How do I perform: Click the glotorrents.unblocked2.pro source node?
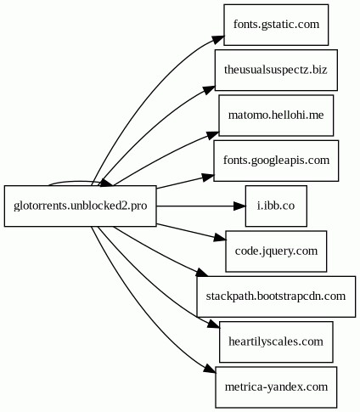coord(80,206)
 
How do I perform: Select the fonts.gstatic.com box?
coord(276,25)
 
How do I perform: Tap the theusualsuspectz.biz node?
coord(276,70)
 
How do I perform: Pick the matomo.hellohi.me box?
coord(276,116)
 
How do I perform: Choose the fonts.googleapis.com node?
coord(276,161)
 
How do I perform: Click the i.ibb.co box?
coord(276,206)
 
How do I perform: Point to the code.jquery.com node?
coord(276,251)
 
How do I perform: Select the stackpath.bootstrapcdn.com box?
coord(276,296)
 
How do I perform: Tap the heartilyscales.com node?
coord(276,341)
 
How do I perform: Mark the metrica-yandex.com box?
coord(276,387)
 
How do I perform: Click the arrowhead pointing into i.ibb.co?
coord(239,206)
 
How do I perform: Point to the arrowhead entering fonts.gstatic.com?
coord(218,40)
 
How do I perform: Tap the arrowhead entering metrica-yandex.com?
coord(210,369)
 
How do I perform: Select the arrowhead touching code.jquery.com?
coord(220,238)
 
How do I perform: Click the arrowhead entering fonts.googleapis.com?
coord(208,178)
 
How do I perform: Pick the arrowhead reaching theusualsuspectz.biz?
coord(210,89)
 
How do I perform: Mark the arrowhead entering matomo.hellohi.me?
coord(213,135)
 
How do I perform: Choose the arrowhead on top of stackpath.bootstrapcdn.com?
coord(202,273)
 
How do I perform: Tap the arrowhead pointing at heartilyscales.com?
coord(213,324)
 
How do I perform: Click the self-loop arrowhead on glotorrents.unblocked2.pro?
coord(107,183)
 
